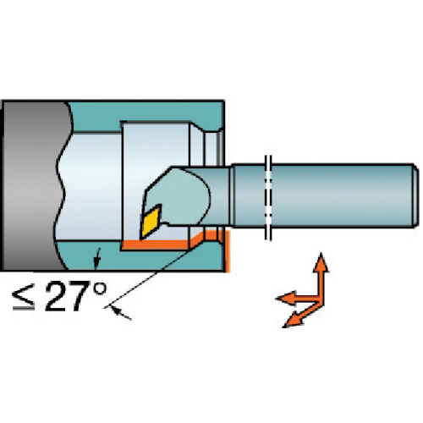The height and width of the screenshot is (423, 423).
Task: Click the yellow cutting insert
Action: click(151, 221)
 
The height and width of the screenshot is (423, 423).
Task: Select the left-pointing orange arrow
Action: click(298, 298)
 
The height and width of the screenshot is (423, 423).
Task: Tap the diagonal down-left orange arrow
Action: click(302, 315)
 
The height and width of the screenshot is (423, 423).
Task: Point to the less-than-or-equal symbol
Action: click(24, 298)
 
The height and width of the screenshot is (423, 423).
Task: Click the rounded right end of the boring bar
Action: click(415, 195)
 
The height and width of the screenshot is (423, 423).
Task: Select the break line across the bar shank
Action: click(268, 197)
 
